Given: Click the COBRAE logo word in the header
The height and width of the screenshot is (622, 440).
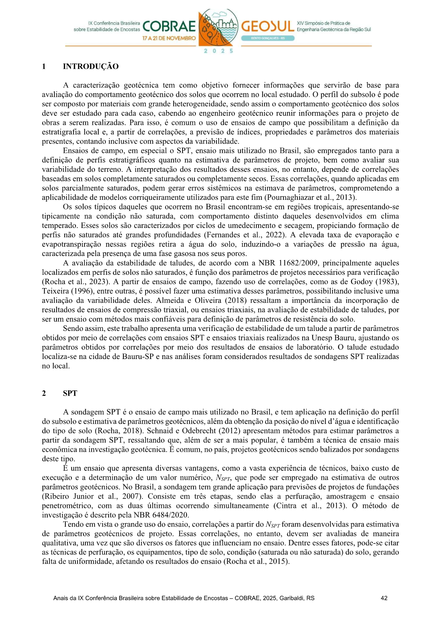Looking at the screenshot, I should [x=169, y=27].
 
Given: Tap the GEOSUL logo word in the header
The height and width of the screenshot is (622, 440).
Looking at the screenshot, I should [x=267, y=27].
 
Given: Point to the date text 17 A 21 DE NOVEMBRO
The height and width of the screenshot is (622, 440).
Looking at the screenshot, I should [x=169, y=38].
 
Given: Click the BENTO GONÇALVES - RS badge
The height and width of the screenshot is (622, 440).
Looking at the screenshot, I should [x=268, y=38].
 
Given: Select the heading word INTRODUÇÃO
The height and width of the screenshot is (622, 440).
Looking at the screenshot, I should [x=91, y=66].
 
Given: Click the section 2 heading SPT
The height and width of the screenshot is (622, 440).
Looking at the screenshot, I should [x=70, y=393].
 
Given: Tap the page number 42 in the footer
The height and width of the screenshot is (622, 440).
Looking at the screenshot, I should [x=384, y=598].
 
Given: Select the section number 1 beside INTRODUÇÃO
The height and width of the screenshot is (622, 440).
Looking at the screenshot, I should [x=44, y=66].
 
